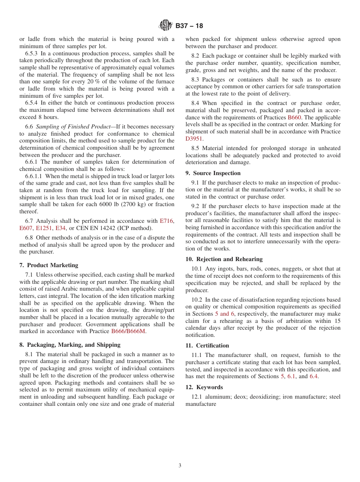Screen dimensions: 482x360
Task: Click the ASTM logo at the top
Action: click(x=166, y=26)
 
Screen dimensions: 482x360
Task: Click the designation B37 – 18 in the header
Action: click(x=189, y=26)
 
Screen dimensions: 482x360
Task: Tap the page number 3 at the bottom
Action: click(x=180, y=466)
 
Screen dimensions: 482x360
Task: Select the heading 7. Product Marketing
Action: click(x=49, y=265)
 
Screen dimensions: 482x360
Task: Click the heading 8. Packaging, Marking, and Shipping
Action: click(x=70, y=345)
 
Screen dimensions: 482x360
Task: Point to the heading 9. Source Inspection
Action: click(x=213, y=173)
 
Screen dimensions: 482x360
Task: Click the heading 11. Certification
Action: click(x=207, y=346)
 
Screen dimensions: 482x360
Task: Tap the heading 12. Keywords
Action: click(x=204, y=387)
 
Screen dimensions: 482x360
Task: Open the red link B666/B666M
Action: click(x=128, y=332)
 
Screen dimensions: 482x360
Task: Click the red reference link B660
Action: click(x=294, y=117)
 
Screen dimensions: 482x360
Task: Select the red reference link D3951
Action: click(x=194, y=139)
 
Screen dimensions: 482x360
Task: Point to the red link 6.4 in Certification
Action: click(x=313, y=376)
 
